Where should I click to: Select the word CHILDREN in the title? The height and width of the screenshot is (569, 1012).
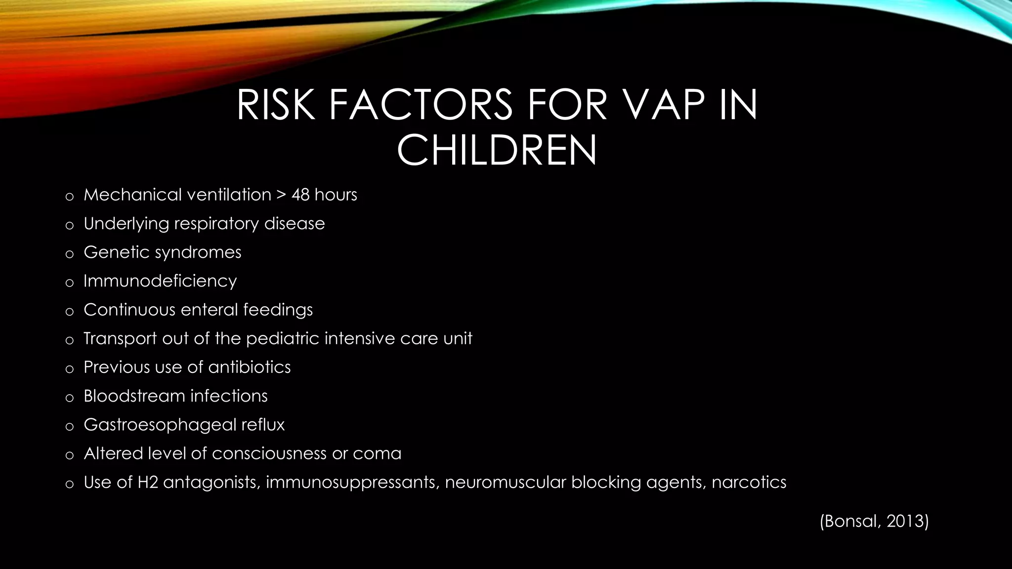497,151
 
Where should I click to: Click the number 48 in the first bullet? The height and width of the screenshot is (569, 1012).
300,195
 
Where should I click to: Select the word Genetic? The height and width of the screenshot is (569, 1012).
116,252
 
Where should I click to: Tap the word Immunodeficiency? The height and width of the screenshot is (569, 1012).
160,281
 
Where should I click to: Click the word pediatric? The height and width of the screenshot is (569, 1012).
283,338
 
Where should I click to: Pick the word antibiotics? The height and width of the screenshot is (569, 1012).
249,367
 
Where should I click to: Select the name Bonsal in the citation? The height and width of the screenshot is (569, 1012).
851,521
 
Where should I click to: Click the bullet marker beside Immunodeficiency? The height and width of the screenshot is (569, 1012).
70,283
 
